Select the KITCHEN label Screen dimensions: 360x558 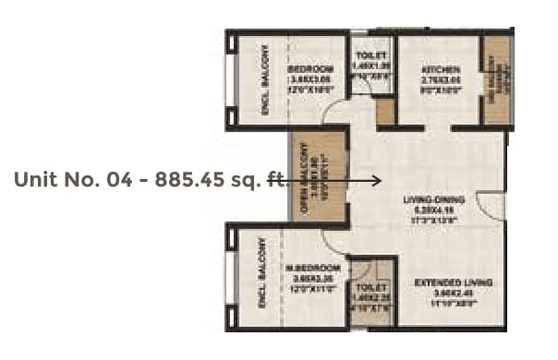pos(435,68)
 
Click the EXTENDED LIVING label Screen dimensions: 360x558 pos(453,281)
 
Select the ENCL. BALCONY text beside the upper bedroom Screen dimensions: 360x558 pos(263,78)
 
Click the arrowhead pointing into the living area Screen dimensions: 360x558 pos(377,181)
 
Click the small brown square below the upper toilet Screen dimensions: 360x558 pos(385,111)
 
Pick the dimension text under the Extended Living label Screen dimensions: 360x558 pos(453,296)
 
